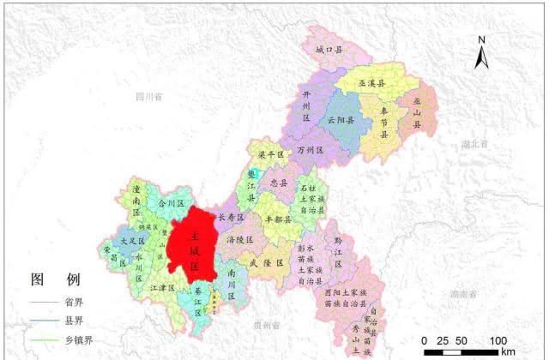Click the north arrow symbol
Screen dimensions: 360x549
coord(483,55)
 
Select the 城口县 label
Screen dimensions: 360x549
coord(329,51)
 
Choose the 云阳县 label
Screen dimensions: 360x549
coord(341,120)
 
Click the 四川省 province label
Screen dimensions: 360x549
coord(149,98)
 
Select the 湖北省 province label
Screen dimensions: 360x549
coord(474,144)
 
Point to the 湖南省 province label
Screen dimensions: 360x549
coord(462,294)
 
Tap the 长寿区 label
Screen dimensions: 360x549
coord(232,218)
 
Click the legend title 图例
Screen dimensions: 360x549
coord(55,279)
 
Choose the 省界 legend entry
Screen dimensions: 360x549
coord(74,302)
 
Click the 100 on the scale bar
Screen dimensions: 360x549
coord(498,342)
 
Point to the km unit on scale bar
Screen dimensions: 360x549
coord(508,352)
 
